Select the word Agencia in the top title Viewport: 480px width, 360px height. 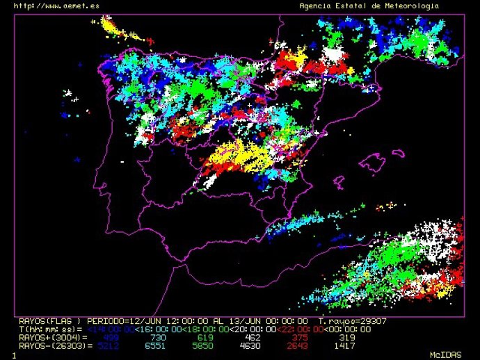coord(315,6)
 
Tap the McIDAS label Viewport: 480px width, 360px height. coord(445,354)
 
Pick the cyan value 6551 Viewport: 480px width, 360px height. coord(159,345)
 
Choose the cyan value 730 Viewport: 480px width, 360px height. coord(159,337)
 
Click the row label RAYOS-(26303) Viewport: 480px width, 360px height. coord(50,345)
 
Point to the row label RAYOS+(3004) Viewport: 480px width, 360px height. coord(47,337)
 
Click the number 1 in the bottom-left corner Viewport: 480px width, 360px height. coord(13,355)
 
